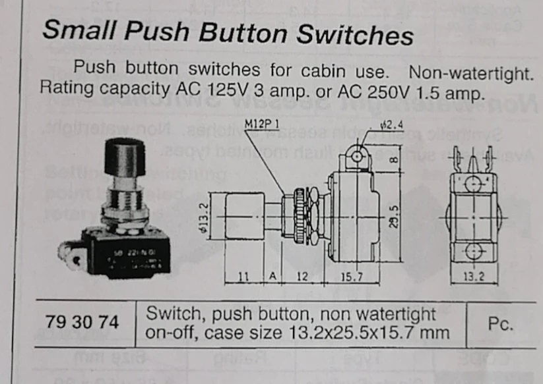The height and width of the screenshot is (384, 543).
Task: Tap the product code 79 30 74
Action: tap(83, 323)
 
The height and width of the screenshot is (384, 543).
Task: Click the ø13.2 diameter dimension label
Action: tap(205, 215)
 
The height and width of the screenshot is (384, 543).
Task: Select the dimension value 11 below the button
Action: tap(242, 277)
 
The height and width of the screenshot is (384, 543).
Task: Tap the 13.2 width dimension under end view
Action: tap(472, 277)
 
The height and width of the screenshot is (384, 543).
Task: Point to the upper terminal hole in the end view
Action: tap(472, 181)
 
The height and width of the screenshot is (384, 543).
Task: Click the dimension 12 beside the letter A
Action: tap(302, 277)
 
